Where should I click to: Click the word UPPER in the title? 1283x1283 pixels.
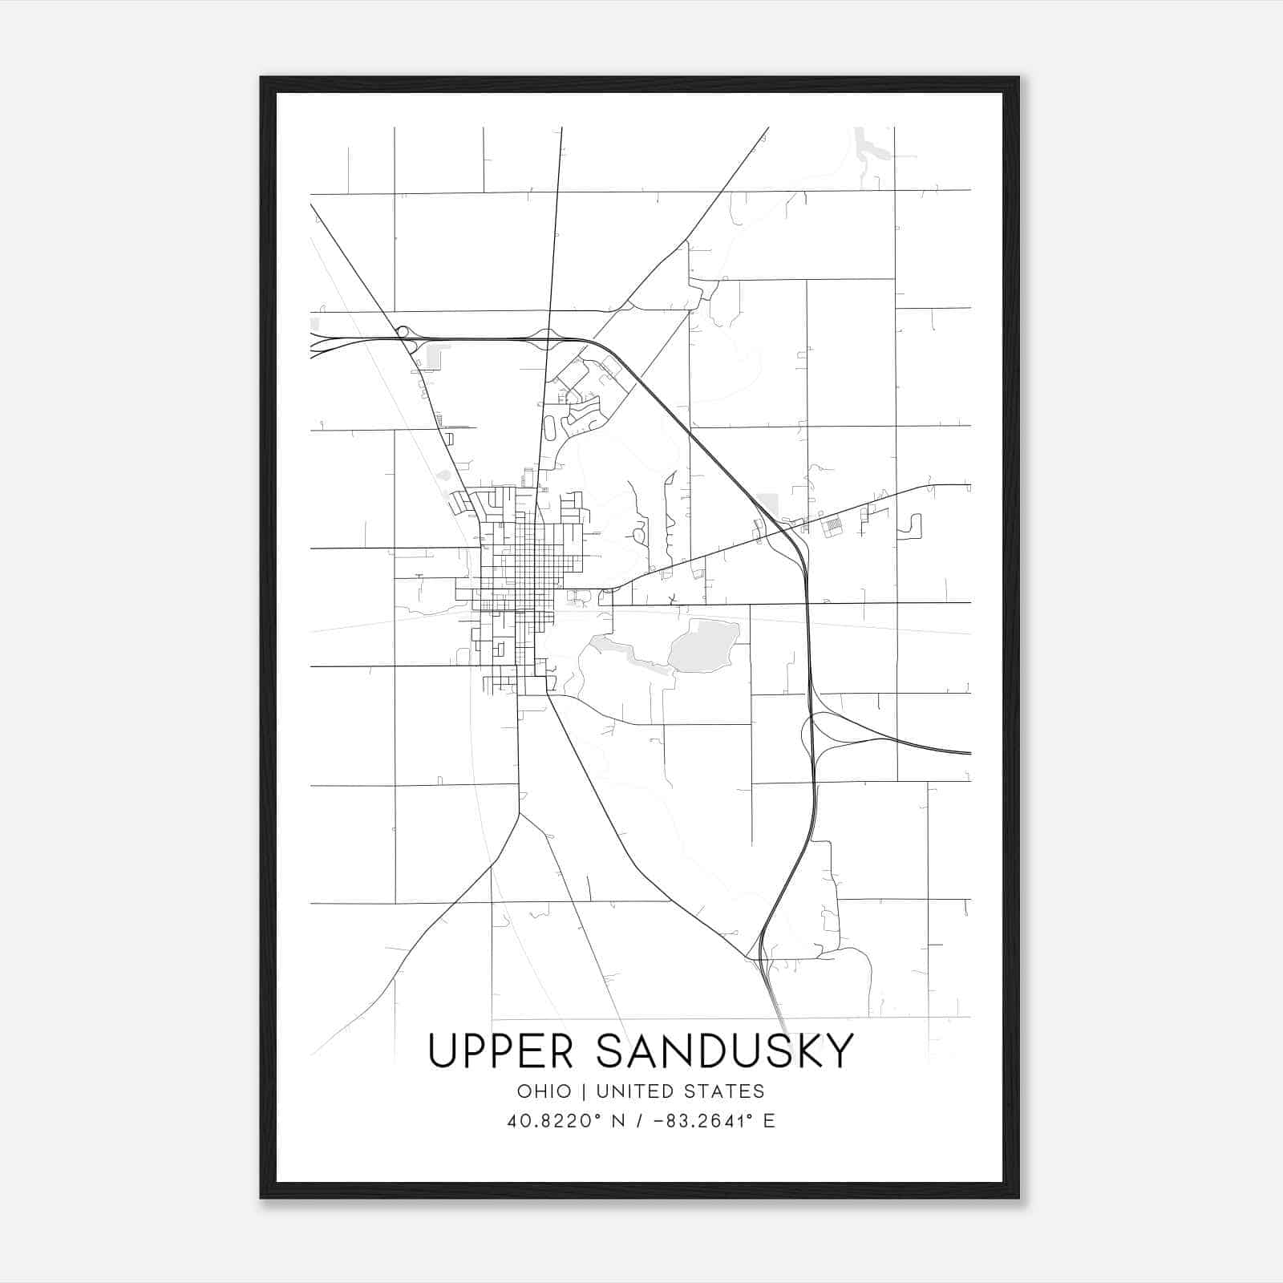(500, 1051)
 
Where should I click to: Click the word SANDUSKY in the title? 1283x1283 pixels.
(725, 1051)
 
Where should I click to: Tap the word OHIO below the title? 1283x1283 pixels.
(544, 1091)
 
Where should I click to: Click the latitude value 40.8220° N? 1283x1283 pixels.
(566, 1121)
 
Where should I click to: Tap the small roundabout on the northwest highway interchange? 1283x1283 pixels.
(403, 331)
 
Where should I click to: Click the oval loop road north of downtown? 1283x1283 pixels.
(550, 427)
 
